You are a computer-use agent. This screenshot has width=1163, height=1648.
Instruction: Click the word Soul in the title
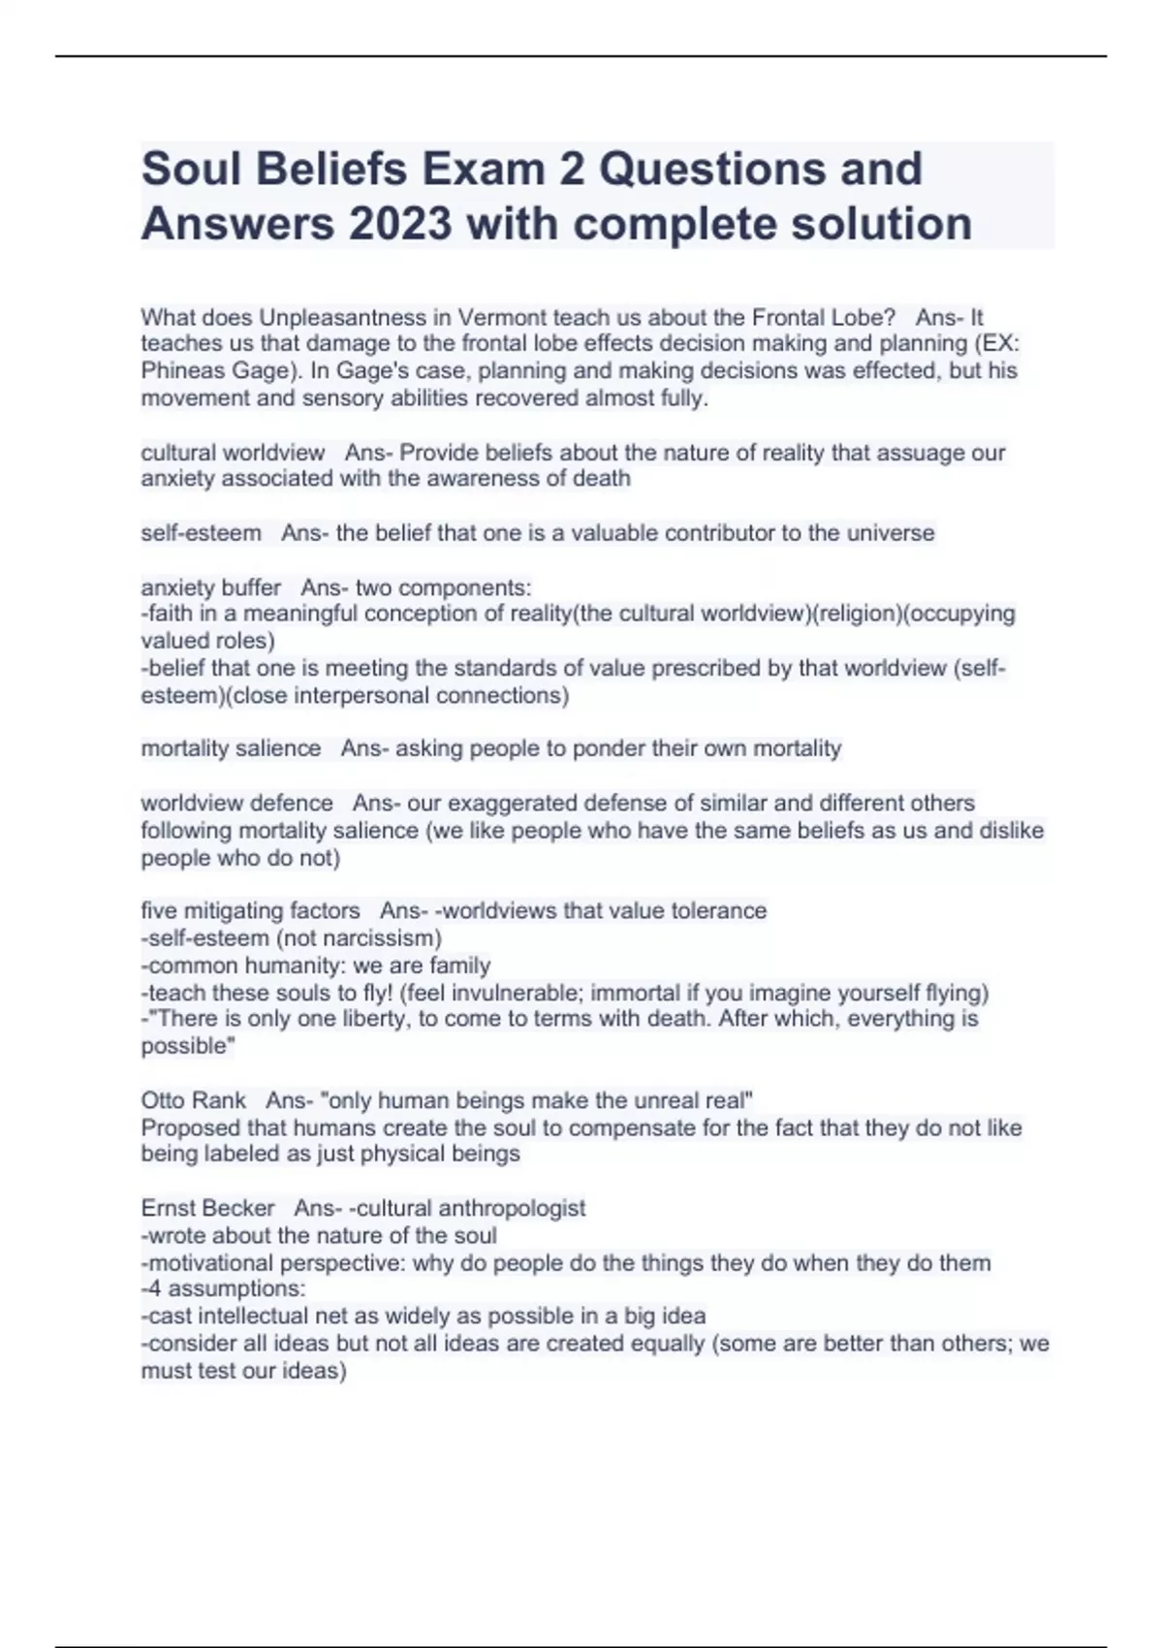pos(191,170)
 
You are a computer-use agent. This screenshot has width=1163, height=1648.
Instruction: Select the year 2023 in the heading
pos(400,224)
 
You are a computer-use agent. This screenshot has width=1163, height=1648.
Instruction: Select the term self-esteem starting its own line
pos(201,533)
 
